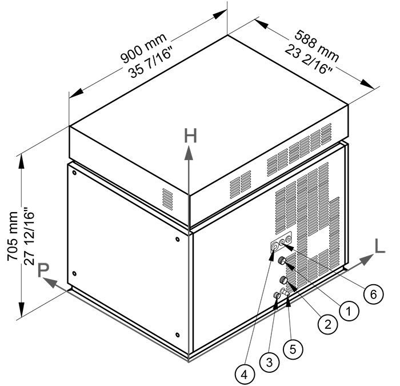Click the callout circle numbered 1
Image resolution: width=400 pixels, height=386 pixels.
pyautogui.click(x=349, y=310)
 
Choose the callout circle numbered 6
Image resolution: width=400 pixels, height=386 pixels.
pyautogui.click(x=372, y=294)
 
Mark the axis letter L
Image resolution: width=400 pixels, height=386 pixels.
pyautogui.click(x=379, y=246)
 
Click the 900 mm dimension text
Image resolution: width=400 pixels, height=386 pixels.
pyautogui.click(x=143, y=50)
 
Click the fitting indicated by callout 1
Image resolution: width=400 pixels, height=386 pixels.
pyautogui.click(x=282, y=261)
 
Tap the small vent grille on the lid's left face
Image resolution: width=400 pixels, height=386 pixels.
pyautogui.click(x=167, y=198)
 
